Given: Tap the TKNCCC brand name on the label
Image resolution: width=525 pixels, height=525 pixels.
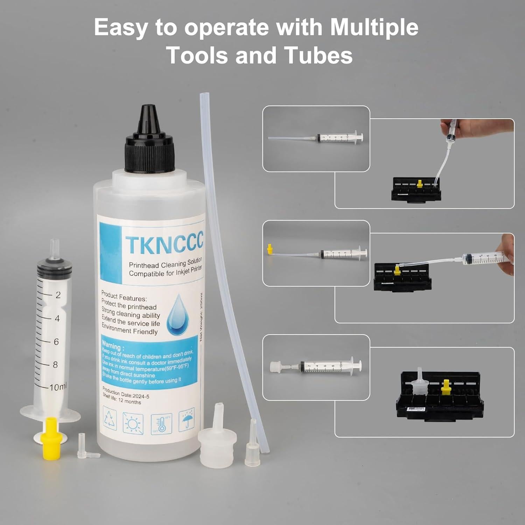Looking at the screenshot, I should (164, 244).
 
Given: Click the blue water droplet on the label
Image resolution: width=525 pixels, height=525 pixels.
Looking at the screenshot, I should (178, 314).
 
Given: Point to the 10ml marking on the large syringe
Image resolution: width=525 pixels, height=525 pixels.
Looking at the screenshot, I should (57, 387).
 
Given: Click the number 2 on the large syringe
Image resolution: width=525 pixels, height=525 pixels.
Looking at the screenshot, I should (58, 295).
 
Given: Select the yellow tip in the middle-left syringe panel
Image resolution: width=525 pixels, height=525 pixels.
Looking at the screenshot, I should (269, 249).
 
